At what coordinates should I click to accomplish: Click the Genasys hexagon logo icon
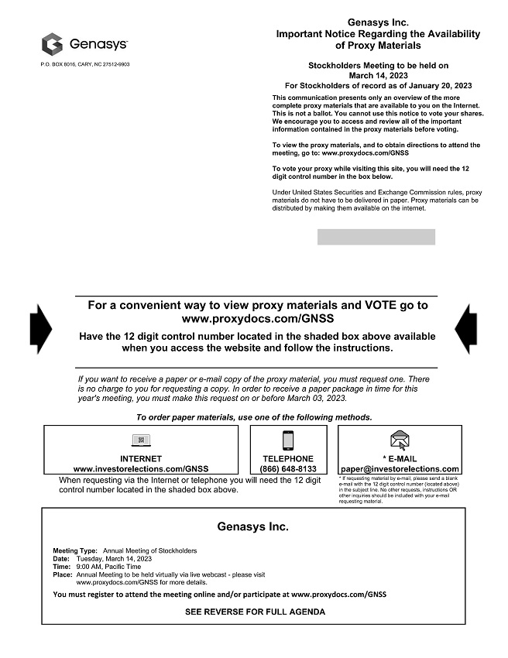click(x=52, y=43)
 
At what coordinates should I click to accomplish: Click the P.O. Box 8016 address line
click(x=85, y=63)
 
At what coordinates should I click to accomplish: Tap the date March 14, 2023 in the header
click(x=378, y=76)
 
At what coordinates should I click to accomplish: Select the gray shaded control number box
click(x=376, y=237)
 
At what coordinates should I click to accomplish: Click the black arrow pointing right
click(x=40, y=329)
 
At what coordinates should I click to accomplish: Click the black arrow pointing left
click(x=467, y=329)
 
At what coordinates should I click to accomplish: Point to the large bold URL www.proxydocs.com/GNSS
click(x=257, y=318)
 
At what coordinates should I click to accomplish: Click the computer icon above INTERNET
click(x=141, y=440)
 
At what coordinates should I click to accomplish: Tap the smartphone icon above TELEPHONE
click(x=288, y=440)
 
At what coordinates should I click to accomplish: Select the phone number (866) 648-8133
click(x=288, y=469)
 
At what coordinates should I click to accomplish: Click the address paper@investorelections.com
click(x=400, y=469)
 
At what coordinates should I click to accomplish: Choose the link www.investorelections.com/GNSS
click(x=141, y=469)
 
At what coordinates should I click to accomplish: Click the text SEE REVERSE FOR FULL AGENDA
click(x=255, y=612)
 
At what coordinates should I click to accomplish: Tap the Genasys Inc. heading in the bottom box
click(x=253, y=527)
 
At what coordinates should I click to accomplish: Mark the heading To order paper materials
click(x=254, y=417)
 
